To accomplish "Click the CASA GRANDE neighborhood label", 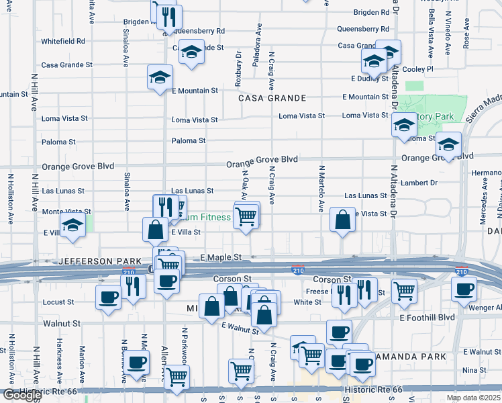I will [x=272, y=98].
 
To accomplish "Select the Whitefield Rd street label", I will [x=63, y=41].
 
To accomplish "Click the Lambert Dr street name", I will [x=419, y=183].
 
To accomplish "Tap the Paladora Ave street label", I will [x=256, y=52].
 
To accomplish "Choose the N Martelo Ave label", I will [x=321, y=189].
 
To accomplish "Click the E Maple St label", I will [x=221, y=257].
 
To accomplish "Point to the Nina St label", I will [x=474, y=370].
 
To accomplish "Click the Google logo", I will [x=21, y=396].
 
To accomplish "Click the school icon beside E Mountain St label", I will [x=160, y=77].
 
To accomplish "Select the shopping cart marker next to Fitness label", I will [x=246, y=216].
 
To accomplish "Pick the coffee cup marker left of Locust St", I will [x=108, y=296].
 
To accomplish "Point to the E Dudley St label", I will [x=364, y=79].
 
